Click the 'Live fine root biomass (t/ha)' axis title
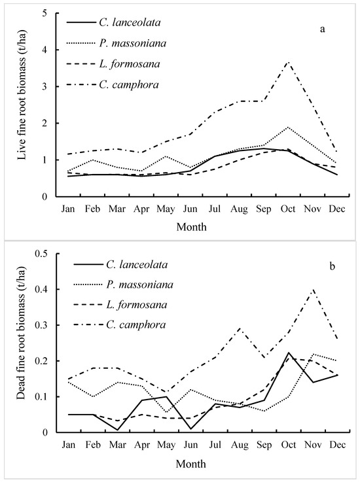(x=14, y=105)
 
